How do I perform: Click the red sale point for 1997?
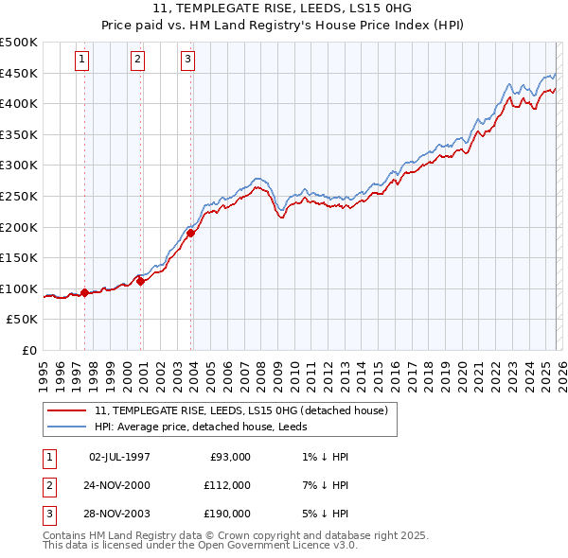(x=84, y=292)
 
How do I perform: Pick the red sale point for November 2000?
(x=140, y=280)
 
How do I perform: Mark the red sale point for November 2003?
(x=190, y=232)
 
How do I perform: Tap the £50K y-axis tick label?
(x=23, y=320)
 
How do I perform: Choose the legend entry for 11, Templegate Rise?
(x=241, y=411)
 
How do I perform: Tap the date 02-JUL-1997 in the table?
(x=119, y=457)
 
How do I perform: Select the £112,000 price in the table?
(x=227, y=485)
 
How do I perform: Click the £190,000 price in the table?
(x=227, y=514)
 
